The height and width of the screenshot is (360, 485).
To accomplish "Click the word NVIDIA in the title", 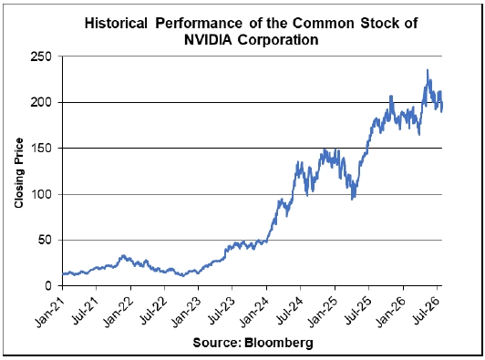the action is [208, 39].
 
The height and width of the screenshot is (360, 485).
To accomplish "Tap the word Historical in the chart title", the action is [116, 23].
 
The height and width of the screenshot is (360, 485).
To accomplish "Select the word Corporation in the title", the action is [278, 40].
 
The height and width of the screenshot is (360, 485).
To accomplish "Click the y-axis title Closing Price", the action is [19, 173].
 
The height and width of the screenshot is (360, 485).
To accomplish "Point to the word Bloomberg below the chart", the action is [279, 343].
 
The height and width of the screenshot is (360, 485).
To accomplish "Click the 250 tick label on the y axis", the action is [40, 57].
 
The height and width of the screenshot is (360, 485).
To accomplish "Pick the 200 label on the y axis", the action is [40, 102].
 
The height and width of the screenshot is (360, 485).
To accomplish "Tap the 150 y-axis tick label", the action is [40, 149].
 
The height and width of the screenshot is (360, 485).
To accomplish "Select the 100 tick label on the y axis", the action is [40, 194].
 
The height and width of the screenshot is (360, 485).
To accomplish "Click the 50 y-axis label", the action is [45, 240].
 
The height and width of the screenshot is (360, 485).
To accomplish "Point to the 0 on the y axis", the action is [47, 286].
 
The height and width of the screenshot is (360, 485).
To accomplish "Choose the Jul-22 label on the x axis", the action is [152, 311].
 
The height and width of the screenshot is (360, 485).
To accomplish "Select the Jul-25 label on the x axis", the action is [356, 311].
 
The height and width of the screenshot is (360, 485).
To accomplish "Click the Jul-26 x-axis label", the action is [425, 311].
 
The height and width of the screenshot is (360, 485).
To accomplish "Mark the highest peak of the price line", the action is [428, 70].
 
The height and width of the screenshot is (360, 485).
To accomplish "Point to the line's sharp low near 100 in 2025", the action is [352, 200].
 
